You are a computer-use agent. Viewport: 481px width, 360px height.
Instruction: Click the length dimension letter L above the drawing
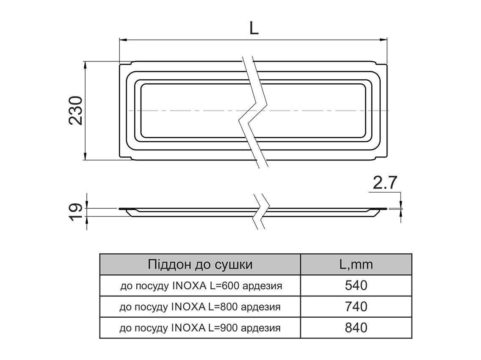click(253, 28)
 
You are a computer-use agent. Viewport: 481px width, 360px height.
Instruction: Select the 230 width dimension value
click(76, 111)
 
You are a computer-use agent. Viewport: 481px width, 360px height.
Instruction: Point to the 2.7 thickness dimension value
click(384, 183)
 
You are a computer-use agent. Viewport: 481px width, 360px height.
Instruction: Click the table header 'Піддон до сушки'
click(200, 265)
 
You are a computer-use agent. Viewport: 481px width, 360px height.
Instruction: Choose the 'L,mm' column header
click(356, 265)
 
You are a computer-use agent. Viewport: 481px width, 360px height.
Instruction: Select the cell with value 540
click(356, 285)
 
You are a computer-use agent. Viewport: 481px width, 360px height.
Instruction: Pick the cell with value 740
click(356, 306)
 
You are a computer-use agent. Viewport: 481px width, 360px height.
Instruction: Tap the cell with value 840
click(356, 327)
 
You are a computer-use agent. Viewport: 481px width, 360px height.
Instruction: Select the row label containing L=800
click(200, 307)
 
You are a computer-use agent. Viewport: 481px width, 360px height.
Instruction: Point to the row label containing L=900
click(200, 328)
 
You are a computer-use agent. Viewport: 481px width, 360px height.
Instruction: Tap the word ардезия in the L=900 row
click(260, 328)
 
